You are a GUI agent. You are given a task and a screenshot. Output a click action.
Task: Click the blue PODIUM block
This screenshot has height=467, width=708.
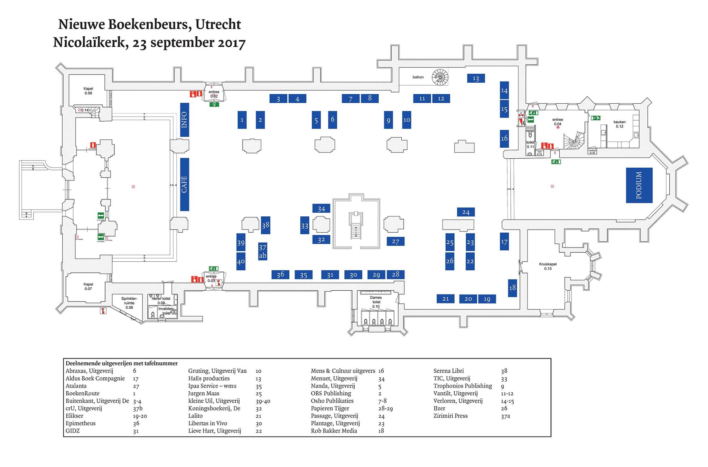pos(639,185)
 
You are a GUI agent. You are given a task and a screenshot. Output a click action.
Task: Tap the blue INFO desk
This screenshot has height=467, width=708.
pos(184,120)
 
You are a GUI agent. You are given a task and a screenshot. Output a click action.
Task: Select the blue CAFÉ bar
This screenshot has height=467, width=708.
pos(184,184)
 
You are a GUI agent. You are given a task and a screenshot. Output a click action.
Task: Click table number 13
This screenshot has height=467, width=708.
pos(476,78)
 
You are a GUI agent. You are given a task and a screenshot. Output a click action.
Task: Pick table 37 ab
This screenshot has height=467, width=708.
pos(263,251)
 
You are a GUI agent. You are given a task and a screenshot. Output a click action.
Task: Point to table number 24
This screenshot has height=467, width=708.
pos(466,212)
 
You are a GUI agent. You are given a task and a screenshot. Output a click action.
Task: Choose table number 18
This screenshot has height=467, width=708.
pos(512,287)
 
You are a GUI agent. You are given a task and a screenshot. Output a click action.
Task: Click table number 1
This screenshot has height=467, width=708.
pos(242,120)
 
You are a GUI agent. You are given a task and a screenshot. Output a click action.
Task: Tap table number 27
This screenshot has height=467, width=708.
pos(395,241)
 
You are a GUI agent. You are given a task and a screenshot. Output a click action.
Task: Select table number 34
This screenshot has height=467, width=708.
pos(321,208)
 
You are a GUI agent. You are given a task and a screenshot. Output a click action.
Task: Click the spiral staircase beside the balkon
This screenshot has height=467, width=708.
pos(440,77)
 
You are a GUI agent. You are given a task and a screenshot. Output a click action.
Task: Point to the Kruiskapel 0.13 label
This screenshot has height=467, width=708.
pos(548,266)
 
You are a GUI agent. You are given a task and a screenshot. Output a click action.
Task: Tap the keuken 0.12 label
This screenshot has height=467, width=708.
pos(619,124)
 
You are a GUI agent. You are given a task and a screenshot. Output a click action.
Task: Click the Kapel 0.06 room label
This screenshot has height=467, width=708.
pos(88,91)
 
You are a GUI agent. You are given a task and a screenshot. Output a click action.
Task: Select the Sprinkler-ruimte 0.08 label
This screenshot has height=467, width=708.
pos(129,303)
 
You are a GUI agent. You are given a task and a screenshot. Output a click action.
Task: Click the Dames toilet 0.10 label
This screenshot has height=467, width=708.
pos(376,302)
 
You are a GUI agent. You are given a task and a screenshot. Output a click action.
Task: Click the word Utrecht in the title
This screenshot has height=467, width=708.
pos(218,24)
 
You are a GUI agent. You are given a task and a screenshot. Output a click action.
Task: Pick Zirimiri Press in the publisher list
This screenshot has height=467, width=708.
pos(450,416)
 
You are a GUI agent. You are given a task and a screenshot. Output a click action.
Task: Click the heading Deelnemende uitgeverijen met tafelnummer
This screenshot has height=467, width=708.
pos(122,363)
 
